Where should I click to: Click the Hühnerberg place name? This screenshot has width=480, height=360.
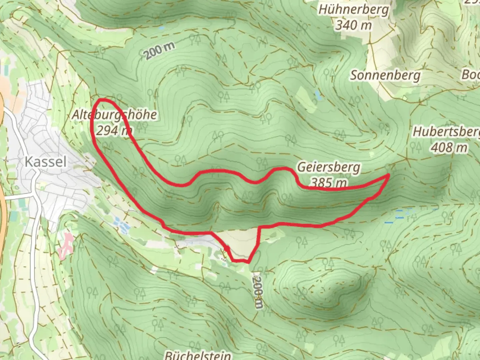[353, 10]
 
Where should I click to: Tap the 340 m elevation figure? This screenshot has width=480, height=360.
[353, 25]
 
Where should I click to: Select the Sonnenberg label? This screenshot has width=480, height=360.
[385, 75]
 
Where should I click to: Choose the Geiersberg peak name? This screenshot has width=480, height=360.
[329, 167]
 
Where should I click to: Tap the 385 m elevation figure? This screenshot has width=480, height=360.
[329, 182]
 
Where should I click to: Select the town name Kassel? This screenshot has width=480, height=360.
[46, 162]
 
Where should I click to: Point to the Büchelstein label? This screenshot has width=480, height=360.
[198, 355]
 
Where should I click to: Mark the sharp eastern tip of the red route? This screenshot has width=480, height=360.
[389, 175]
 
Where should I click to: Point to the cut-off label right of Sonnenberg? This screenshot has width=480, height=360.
[471, 75]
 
